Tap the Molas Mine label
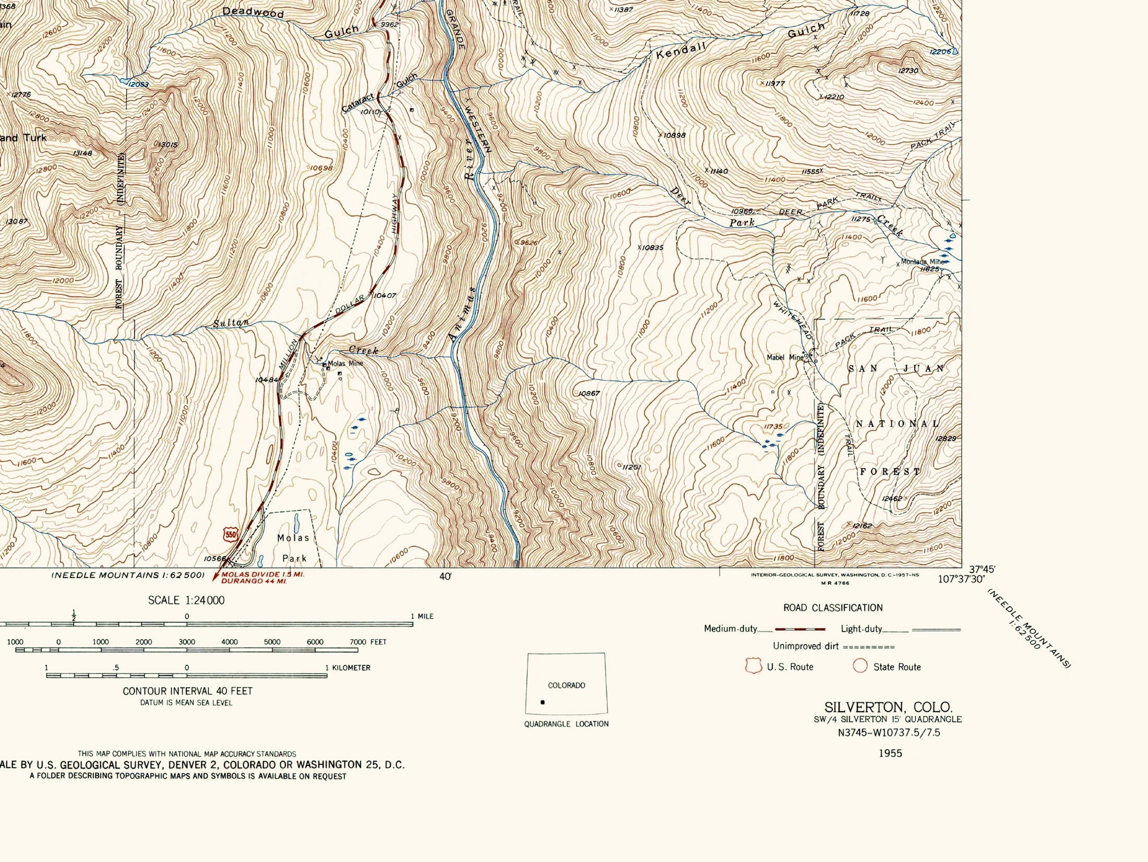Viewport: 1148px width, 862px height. pyautogui.click(x=345, y=363)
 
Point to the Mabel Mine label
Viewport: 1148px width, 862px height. pyautogui.click(x=785, y=358)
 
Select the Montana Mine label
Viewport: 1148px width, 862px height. pyautogui.click(x=923, y=262)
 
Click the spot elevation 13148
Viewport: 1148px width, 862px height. pyautogui.click(x=82, y=153)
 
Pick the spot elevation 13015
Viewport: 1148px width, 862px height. pyautogui.click(x=167, y=144)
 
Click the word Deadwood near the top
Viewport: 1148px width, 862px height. pyautogui.click(x=253, y=13)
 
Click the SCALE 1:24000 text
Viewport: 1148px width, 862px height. pyautogui.click(x=186, y=600)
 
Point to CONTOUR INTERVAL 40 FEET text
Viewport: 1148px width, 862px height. pyautogui.click(x=187, y=691)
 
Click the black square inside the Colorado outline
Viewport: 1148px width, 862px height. pyautogui.click(x=543, y=702)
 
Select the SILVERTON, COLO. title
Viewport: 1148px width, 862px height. pyautogui.click(x=888, y=707)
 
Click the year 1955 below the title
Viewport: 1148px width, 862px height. pyautogui.click(x=890, y=753)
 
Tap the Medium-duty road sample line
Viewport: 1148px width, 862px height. pyautogui.click(x=800, y=629)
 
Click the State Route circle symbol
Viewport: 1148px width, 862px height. pyautogui.click(x=859, y=666)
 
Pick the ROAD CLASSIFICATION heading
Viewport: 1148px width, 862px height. pyautogui.click(x=833, y=608)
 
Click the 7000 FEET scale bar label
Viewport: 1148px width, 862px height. pyautogui.click(x=368, y=642)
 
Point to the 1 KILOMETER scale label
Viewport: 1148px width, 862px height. pyautogui.click(x=348, y=667)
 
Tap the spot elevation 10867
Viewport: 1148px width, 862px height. pyautogui.click(x=590, y=393)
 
